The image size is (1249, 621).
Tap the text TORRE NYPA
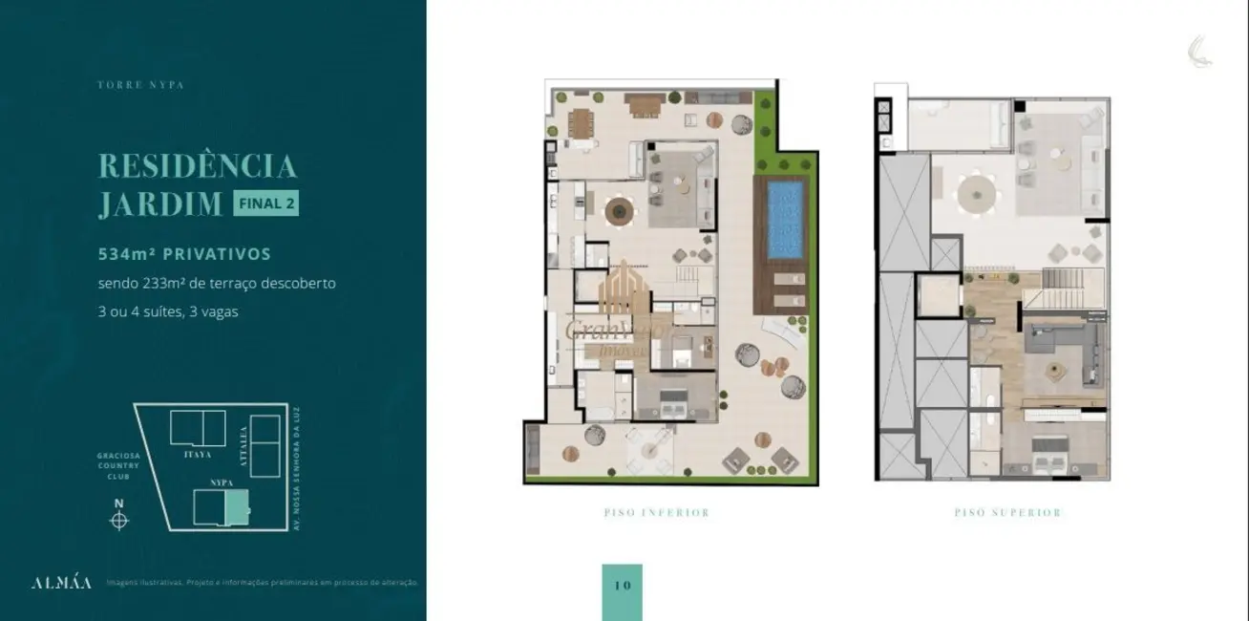tap(140, 85)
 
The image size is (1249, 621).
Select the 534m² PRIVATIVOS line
tap(184, 254)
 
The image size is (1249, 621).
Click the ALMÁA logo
tap(61, 583)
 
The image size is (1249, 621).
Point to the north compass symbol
tap(118, 520)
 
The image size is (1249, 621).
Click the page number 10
tap(623, 585)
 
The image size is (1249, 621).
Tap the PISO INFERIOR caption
tap(656, 513)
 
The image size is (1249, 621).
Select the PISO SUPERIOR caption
tap(1007, 513)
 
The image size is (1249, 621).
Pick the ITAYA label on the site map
tap(198, 455)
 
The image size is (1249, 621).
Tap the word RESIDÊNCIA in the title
tap(197, 165)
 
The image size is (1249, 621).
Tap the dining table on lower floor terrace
tap(581, 123)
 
